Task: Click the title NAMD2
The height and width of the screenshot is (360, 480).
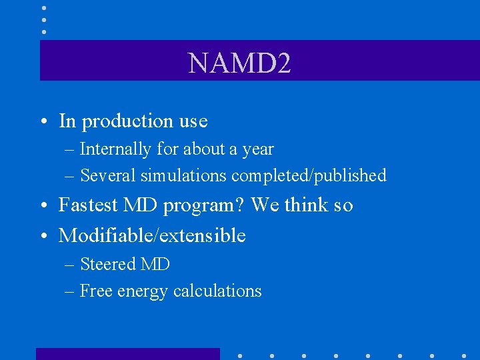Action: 239,64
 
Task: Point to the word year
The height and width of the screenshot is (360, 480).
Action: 258,150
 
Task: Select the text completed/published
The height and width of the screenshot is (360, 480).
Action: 309,176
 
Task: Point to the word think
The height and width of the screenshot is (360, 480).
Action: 306,205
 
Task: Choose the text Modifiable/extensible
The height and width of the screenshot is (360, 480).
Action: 152,235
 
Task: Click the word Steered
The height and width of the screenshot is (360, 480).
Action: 107,265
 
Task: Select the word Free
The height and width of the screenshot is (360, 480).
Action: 95,291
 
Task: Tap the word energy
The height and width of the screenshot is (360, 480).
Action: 141,292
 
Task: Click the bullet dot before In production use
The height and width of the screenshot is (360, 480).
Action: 43,122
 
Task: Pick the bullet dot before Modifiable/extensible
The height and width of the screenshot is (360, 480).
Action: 43,236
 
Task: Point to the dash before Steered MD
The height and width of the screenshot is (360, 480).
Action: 69,265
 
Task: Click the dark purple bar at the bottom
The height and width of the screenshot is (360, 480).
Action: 127,354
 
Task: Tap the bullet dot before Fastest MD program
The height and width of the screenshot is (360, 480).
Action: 43,206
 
